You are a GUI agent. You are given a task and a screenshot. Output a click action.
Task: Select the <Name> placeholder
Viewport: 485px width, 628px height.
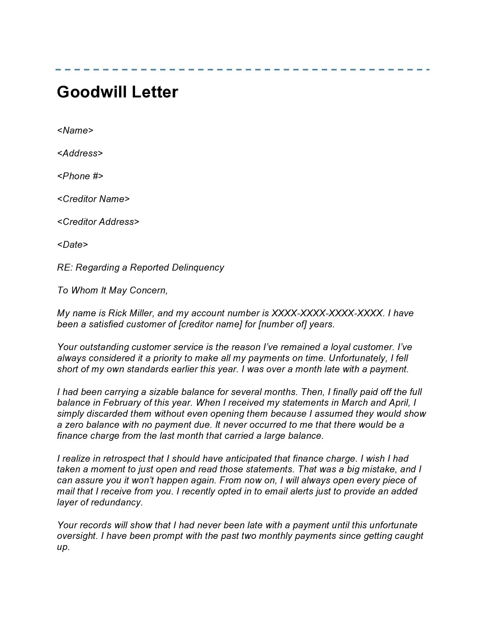[75, 131]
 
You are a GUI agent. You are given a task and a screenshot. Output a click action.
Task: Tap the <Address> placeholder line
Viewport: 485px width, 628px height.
[80, 153]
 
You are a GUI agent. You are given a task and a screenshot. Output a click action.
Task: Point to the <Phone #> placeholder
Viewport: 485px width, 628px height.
[80, 176]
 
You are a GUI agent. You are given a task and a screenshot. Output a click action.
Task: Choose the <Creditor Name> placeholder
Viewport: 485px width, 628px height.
[93, 199]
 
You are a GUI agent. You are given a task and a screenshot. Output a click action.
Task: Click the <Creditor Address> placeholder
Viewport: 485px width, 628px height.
[98, 222]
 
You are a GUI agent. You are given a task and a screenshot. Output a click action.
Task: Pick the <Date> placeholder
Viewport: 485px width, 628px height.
[72, 245]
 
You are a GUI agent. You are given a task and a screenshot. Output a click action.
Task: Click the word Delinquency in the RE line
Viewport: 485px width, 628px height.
[198, 268]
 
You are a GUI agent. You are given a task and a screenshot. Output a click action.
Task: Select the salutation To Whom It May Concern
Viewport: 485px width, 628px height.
[112, 290]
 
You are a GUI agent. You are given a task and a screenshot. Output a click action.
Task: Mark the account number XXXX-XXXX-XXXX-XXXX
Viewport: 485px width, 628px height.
[327, 313]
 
